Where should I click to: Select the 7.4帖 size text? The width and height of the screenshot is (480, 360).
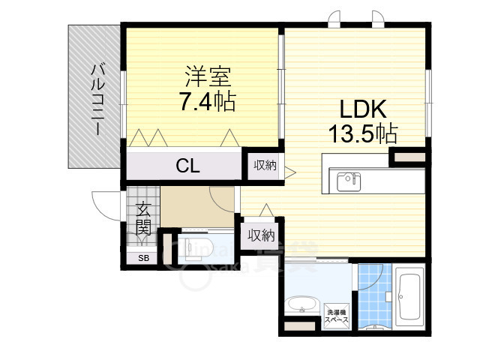(206, 100)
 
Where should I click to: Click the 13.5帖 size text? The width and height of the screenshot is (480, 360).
(361, 133)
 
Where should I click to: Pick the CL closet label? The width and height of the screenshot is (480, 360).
(187, 166)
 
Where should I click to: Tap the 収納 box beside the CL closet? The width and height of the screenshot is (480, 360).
(263, 166)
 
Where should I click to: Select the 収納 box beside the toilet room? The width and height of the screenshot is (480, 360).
(260, 235)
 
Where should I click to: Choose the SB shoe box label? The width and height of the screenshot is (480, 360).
(142, 257)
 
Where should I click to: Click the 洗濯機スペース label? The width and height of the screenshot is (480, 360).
(337, 316)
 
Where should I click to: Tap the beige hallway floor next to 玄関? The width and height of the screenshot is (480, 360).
(196, 206)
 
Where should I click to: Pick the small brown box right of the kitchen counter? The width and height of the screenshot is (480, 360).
(407, 157)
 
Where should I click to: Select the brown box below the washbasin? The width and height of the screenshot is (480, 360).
(300, 327)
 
